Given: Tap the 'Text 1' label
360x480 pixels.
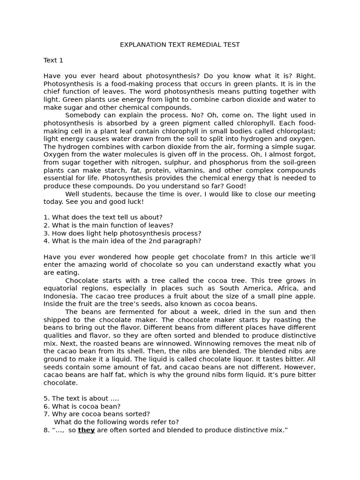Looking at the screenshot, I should coord(53,60).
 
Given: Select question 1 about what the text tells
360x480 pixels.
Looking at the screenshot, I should coord(103,217).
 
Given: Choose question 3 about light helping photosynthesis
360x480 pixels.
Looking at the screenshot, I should coord(122,233).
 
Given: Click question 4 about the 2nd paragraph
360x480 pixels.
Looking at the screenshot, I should coord(122,241).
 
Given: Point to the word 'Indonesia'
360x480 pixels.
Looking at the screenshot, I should coord(60,296).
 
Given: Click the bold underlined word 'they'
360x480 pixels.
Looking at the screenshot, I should coord(86,430).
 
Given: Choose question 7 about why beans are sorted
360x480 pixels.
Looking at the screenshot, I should coord(97,414).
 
